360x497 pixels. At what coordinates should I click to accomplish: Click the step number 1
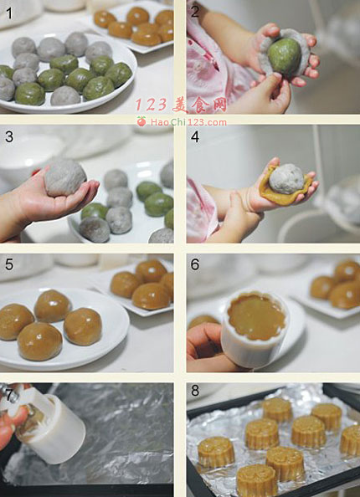(9, 13)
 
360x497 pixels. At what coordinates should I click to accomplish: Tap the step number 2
(195, 12)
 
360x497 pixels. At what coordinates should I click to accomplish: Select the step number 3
(9, 136)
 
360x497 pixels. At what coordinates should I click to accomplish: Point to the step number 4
(195, 136)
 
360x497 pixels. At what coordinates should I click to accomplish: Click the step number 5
(9, 264)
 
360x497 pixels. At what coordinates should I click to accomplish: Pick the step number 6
(195, 264)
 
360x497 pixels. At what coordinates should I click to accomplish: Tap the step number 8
(195, 391)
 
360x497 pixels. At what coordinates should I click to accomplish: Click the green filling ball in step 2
(284, 56)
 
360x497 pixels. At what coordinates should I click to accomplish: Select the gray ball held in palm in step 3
(64, 177)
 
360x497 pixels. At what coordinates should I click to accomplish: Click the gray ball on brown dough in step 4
(286, 178)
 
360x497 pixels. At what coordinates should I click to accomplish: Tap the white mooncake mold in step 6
(254, 330)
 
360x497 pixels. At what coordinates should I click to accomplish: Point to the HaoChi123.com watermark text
(188, 122)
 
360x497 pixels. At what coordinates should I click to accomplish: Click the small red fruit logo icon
(141, 121)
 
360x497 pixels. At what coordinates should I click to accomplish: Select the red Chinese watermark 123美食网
(181, 105)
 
